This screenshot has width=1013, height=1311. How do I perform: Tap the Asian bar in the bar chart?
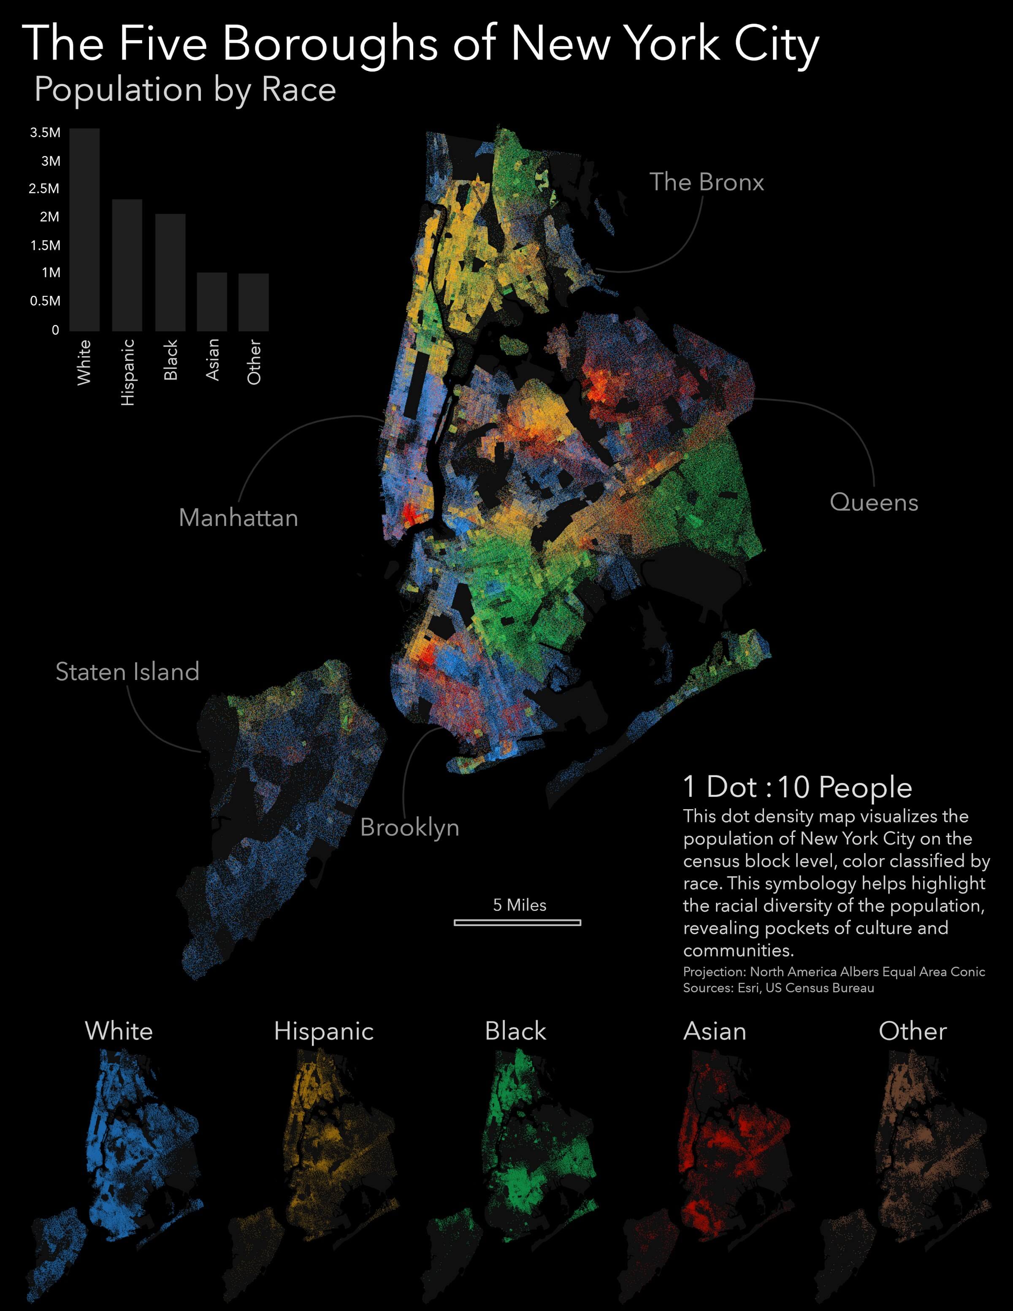tap(212, 301)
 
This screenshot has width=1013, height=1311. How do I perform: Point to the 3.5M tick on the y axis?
tap(45, 133)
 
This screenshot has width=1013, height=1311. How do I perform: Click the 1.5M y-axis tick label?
tap(45, 245)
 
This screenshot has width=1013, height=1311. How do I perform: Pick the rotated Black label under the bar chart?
tap(171, 360)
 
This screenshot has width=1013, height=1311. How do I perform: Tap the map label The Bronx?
tap(706, 182)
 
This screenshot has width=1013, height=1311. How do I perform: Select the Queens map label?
tap(873, 502)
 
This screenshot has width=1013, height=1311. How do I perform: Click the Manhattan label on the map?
tap(238, 517)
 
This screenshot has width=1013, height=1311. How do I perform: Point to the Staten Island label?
tap(127, 672)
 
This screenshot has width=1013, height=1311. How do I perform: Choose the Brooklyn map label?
tap(409, 827)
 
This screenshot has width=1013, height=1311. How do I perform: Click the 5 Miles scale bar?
tap(517, 922)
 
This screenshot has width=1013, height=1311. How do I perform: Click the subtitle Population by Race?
tap(185, 90)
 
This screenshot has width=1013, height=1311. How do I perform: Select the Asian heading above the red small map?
tap(714, 1031)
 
